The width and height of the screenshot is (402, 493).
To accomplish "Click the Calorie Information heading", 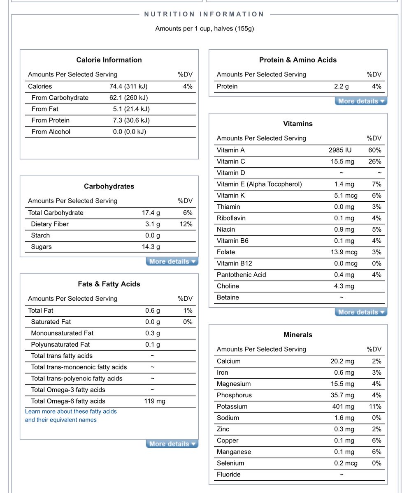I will [x=109, y=60].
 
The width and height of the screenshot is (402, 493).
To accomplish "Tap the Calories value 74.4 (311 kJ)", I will [x=128, y=86].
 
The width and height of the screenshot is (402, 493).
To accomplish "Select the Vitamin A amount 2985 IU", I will [x=340, y=150].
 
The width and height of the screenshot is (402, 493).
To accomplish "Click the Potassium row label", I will [x=232, y=407].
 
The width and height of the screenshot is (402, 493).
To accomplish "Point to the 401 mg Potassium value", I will [x=343, y=407].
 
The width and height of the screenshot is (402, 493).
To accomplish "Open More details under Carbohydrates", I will [x=172, y=262].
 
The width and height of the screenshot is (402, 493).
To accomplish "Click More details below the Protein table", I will [x=361, y=101].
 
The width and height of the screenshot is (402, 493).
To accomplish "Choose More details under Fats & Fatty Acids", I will [x=172, y=444].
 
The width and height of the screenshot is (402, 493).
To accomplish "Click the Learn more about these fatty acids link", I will [x=71, y=412].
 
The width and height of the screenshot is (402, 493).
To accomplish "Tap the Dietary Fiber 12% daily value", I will [x=186, y=224].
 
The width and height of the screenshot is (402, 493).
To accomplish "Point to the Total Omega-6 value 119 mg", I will [x=155, y=401].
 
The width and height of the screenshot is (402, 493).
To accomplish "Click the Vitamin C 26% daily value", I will [x=374, y=162].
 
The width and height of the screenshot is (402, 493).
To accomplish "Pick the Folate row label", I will [x=226, y=252].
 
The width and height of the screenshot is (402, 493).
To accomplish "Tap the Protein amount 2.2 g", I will [x=341, y=86].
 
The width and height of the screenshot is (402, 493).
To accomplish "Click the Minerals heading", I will [x=298, y=335].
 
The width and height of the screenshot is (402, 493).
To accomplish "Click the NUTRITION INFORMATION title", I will [x=204, y=14].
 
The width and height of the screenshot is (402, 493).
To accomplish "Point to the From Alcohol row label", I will [x=51, y=132].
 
